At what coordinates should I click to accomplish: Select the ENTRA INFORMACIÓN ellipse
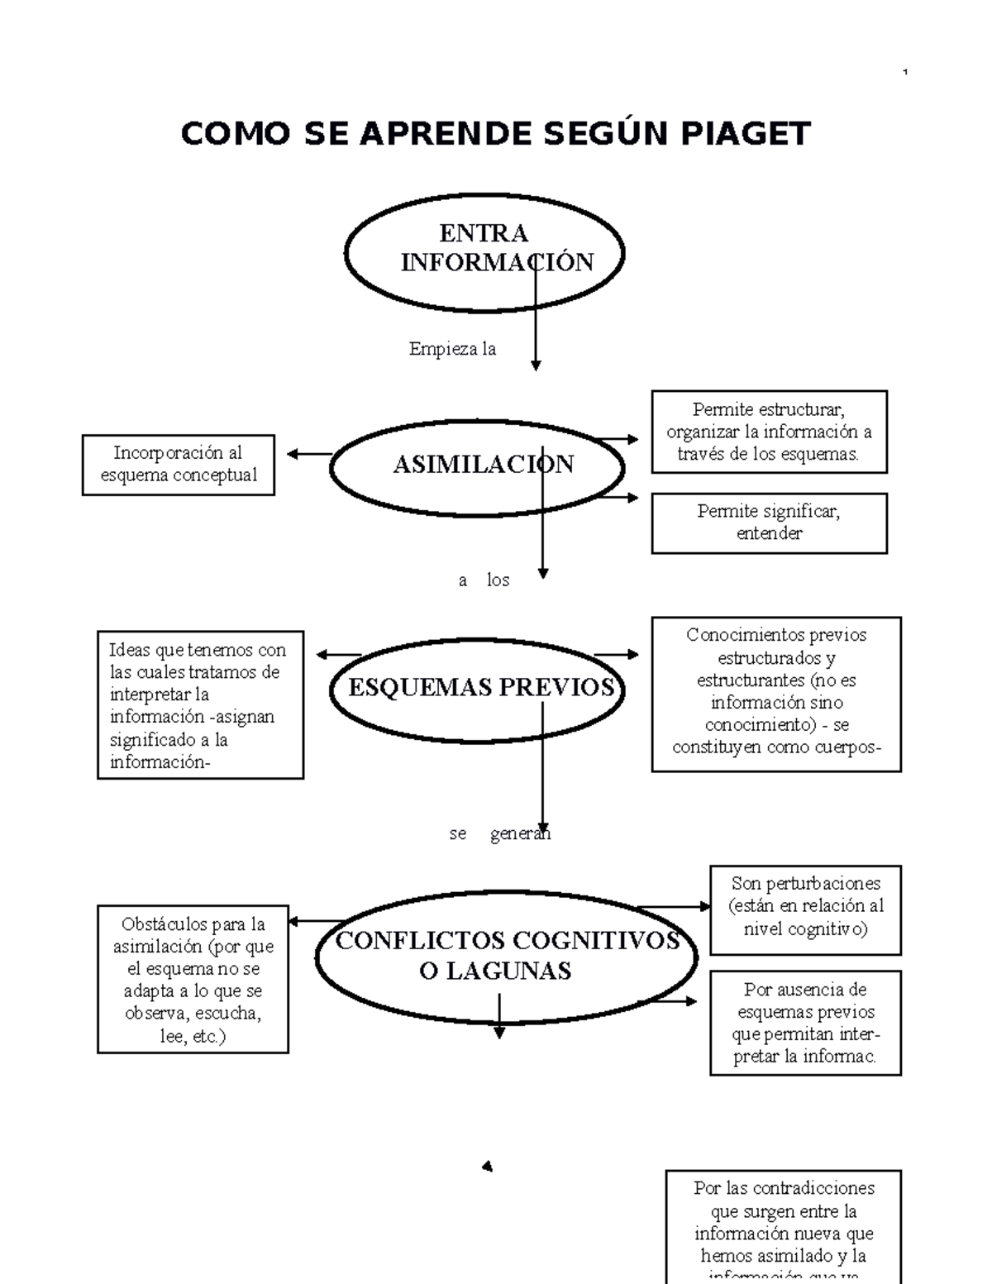tap(484, 252)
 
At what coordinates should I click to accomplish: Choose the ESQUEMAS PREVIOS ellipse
tap(477, 688)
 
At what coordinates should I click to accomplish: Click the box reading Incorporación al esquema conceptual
tap(179, 465)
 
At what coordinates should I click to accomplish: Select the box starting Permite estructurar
tap(769, 432)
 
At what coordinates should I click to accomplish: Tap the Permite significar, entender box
tap(769, 523)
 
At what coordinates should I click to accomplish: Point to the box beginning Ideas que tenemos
tap(200, 705)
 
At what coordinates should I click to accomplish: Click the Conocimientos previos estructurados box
tap(776, 693)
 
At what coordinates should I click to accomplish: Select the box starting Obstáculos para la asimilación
tap(193, 979)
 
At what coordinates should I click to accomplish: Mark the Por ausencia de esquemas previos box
tap(805, 1023)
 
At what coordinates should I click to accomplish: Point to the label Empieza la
tap(452, 349)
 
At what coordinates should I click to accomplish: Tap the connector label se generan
tap(499, 833)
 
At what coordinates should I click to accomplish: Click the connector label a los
tap(484, 580)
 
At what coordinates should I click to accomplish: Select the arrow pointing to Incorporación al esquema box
tap(308, 453)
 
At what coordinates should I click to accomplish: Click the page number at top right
tap(906, 74)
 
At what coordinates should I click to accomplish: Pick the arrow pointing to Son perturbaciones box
tap(674, 907)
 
